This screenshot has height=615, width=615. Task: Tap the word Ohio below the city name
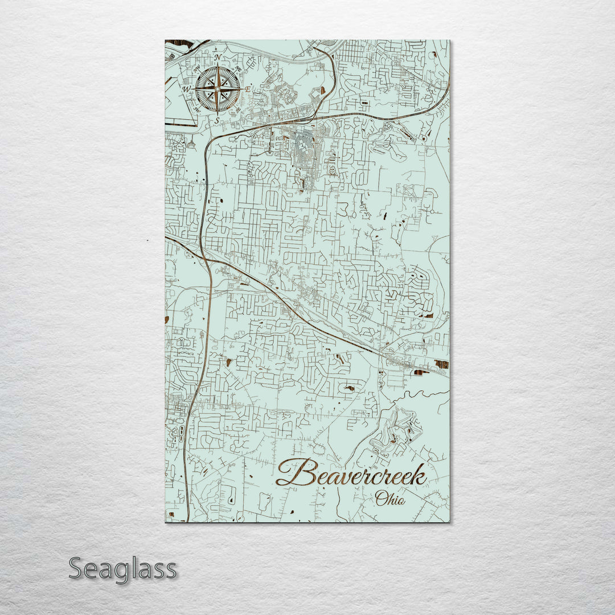[x=390, y=499]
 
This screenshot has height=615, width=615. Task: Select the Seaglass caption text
[x=122, y=568]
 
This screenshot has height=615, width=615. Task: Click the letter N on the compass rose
[x=218, y=58]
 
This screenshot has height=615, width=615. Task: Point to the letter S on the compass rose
[x=217, y=121]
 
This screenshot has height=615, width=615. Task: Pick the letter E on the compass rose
[x=248, y=89]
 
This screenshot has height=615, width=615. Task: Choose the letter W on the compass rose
[x=186, y=89]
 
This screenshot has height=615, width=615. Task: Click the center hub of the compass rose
[x=217, y=89]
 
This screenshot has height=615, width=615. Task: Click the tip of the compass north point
[x=217, y=64]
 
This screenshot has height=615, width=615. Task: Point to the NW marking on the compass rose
[x=196, y=69]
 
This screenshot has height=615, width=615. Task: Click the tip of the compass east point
[x=241, y=89]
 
